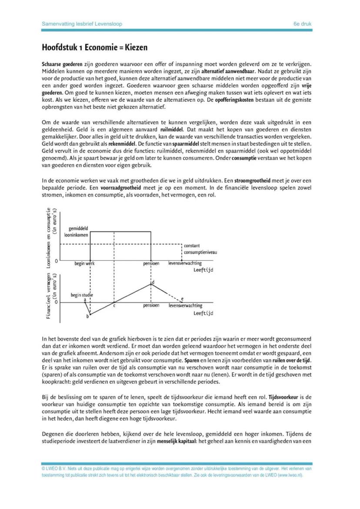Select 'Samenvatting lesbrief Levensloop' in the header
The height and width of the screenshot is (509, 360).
82,24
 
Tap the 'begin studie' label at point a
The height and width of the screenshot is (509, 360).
82,295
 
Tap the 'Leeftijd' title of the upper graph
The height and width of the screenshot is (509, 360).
203,270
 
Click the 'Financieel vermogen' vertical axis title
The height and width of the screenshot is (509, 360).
49,296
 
